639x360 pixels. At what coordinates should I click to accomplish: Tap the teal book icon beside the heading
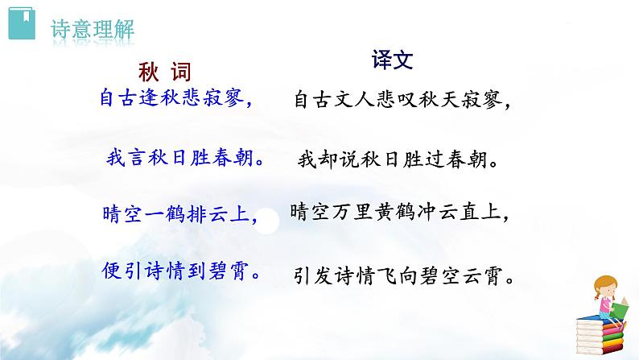coord(25,26)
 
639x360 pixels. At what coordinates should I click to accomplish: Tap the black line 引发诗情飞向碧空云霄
coord(403,277)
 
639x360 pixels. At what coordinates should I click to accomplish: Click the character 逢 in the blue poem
coord(149,98)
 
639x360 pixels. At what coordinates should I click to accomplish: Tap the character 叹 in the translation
coord(411,101)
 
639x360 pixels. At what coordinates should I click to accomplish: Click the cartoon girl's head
coord(605,286)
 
